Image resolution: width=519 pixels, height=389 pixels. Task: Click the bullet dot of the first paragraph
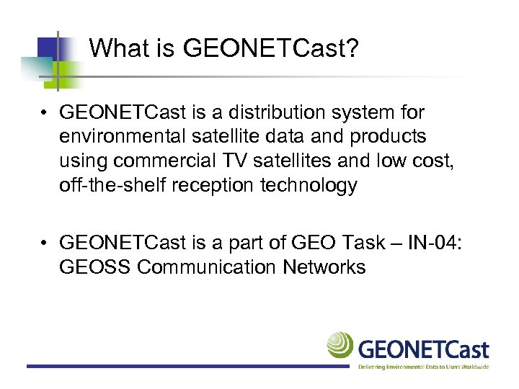[x=45, y=113]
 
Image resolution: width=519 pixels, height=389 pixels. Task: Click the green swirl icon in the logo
[x=340, y=344]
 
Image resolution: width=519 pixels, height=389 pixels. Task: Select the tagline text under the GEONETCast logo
[x=424, y=367]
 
